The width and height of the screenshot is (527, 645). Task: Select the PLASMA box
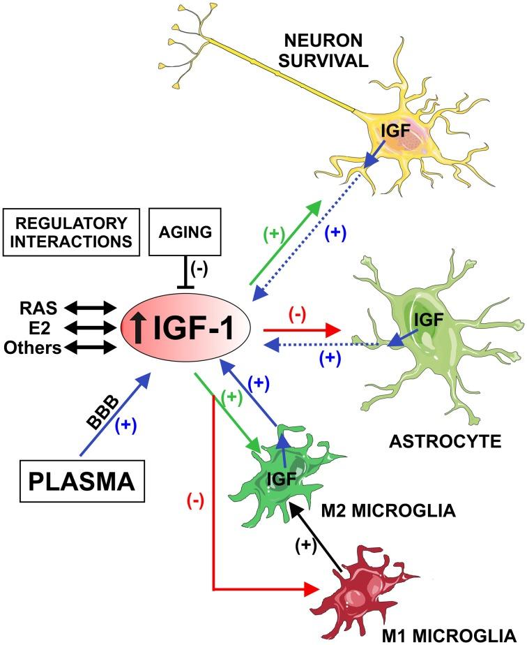[72, 481]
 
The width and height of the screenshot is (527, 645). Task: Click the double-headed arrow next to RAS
[89, 306]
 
